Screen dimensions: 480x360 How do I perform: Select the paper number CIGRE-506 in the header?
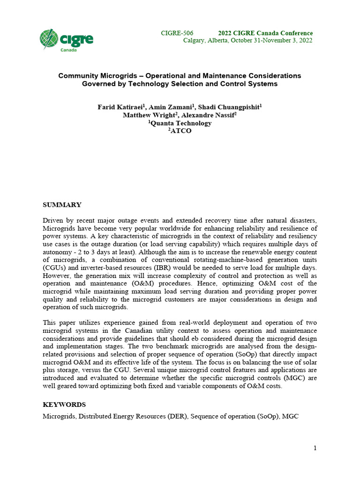177,33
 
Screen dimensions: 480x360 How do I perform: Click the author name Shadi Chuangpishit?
228,107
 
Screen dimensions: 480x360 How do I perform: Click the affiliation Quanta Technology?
180,123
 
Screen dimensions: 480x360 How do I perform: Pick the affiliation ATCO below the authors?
180,131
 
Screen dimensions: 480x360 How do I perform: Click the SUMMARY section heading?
62,205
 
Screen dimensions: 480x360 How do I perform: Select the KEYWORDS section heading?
64,404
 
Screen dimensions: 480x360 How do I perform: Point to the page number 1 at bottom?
315,448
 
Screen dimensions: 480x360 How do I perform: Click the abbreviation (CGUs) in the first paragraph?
54,267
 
